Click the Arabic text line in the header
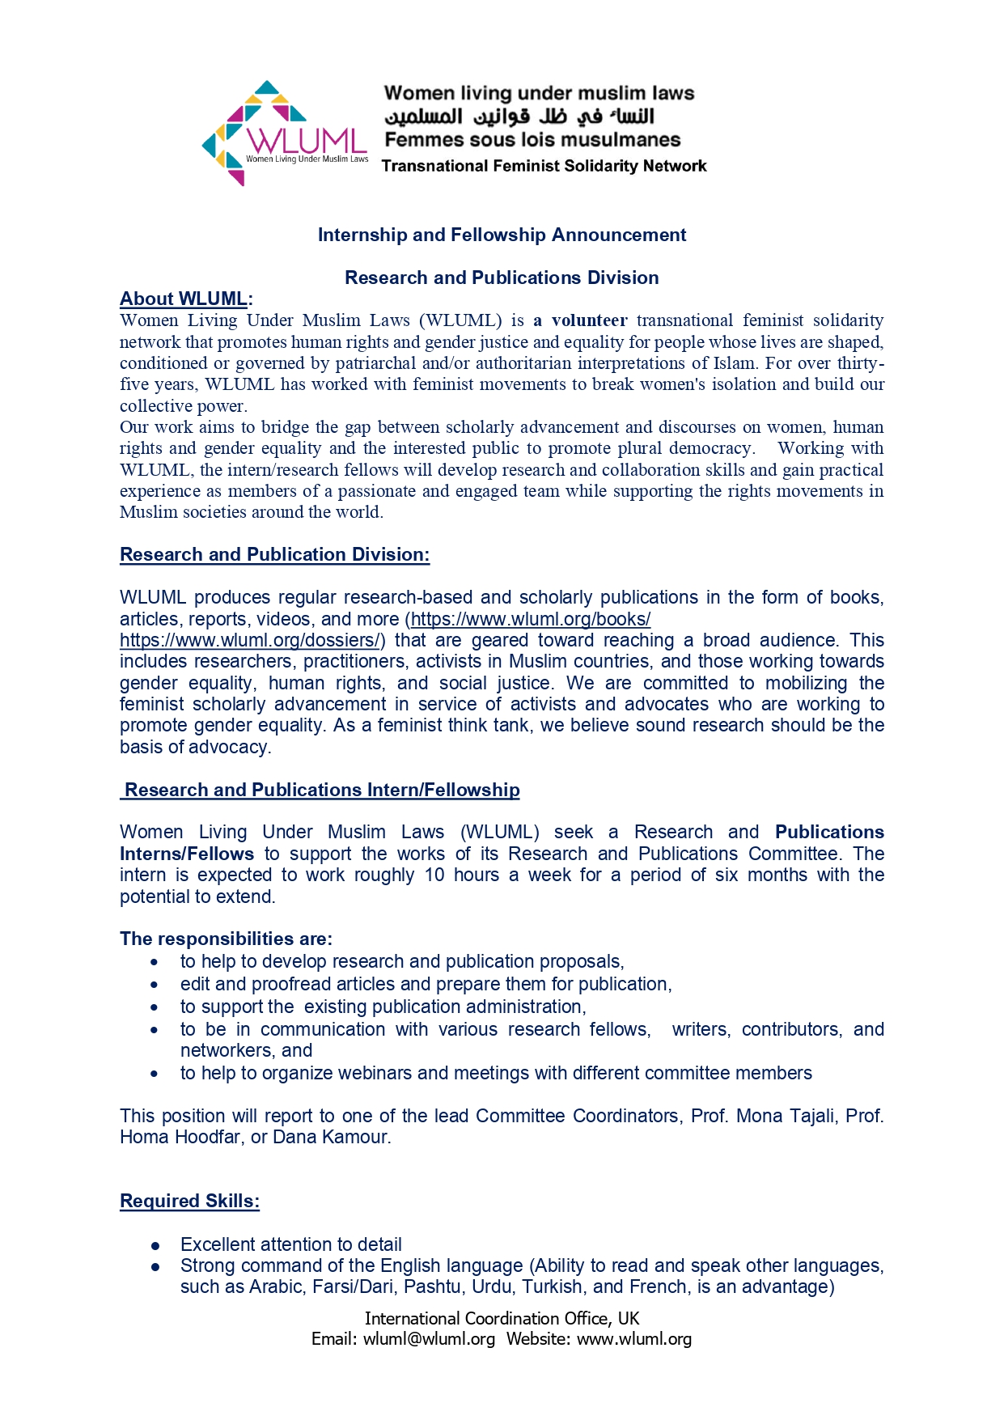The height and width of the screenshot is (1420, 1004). (519, 117)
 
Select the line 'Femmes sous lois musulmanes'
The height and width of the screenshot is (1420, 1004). (532, 140)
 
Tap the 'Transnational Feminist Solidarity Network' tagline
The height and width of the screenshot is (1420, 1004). (544, 166)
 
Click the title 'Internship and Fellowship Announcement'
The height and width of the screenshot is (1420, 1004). (502, 235)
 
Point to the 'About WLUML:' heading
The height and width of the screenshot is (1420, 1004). (186, 299)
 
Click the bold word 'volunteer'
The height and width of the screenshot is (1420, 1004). (589, 320)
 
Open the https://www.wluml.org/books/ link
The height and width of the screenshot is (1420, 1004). (531, 619)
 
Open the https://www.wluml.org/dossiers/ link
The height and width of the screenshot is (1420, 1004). (249, 640)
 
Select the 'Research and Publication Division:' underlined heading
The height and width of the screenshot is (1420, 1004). (274, 554)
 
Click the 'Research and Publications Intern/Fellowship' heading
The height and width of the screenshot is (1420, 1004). (322, 790)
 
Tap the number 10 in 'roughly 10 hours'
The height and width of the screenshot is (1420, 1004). (434, 875)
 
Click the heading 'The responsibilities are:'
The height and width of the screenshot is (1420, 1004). (226, 939)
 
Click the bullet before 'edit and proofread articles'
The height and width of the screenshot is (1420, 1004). (155, 985)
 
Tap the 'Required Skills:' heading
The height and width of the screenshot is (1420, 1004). (189, 1201)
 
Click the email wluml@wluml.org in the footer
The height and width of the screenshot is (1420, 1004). (429, 1339)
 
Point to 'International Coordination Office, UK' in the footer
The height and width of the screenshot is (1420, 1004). (502, 1318)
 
